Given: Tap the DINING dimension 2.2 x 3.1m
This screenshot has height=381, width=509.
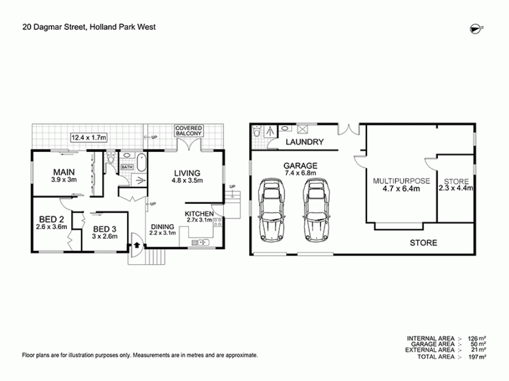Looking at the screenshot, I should click(x=163, y=232).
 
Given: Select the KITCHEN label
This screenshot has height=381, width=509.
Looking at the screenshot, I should click(x=199, y=214).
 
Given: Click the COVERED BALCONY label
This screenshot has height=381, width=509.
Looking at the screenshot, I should click(x=188, y=132).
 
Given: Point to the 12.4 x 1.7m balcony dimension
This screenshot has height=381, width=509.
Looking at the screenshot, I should click(x=89, y=137).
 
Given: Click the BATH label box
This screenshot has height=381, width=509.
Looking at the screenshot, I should click(x=126, y=167).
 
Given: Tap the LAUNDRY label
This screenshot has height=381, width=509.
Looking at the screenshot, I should click(x=304, y=142).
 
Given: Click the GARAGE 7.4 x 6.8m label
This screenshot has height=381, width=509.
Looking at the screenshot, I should click(x=300, y=169).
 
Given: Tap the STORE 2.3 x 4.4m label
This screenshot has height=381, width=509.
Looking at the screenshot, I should click(x=456, y=185).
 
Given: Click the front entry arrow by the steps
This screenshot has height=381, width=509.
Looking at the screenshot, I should click(x=136, y=246).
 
